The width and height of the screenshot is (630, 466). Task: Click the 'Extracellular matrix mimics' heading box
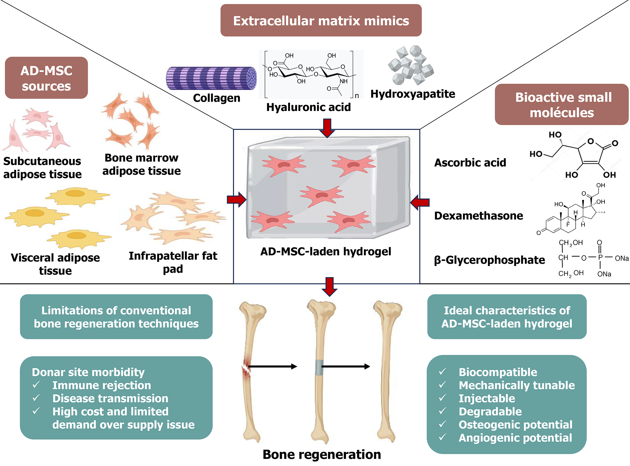[x=321, y=20]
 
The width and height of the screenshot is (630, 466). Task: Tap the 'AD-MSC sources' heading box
[x=46, y=78]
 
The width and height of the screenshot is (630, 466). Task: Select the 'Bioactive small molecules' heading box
[x=562, y=105]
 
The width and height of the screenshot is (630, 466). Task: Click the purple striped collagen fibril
[x=211, y=78]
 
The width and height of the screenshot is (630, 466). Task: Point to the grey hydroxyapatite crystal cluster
[x=411, y=65]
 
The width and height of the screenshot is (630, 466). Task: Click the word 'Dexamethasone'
[x=478, y=216]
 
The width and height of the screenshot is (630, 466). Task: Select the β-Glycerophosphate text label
[x=489, y=260]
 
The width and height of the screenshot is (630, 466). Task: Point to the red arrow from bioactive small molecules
[x=420, y=203]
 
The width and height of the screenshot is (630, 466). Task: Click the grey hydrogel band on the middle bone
[x=319, y=367]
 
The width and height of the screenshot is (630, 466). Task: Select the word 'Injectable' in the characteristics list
[x=487, y=398]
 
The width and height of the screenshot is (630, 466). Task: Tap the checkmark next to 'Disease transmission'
[x=36, y=398]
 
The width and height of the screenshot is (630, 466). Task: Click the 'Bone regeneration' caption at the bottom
[x=321, y=454]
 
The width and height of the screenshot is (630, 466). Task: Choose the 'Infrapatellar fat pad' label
[x=173, y=262]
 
